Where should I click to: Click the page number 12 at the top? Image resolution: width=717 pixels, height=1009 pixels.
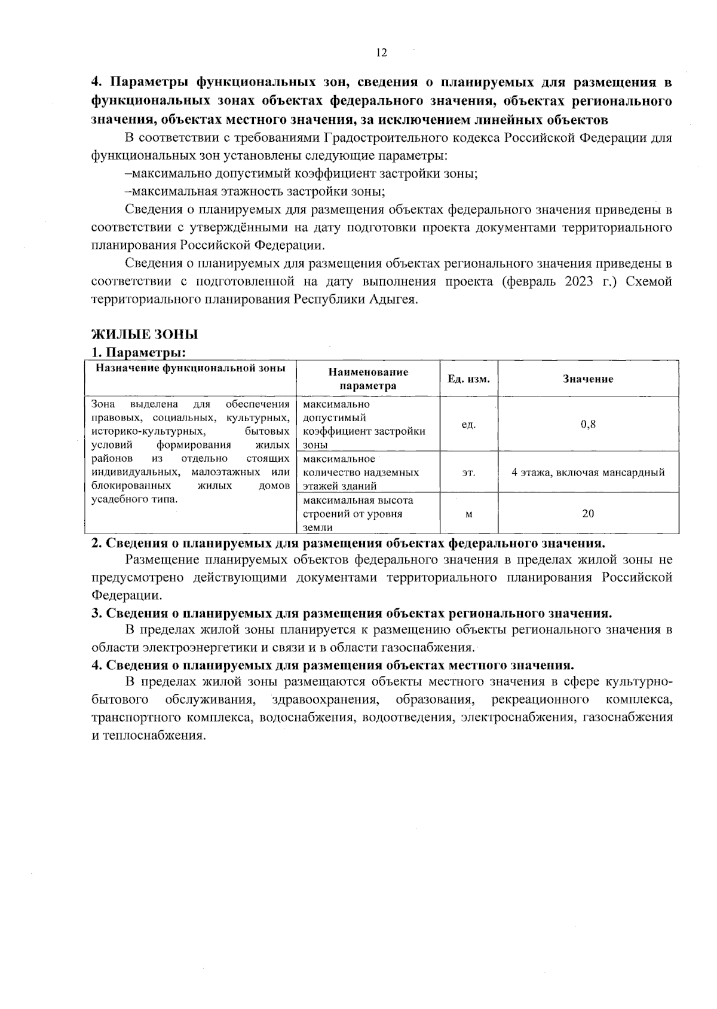[382, 53]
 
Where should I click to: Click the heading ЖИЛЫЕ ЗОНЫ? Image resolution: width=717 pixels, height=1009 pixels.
[144, 334]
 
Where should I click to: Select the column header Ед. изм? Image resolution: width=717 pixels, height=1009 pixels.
[469, 379]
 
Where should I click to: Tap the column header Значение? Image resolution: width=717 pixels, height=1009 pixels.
[588, 379]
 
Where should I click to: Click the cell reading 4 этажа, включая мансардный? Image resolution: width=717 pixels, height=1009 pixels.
[588, 473]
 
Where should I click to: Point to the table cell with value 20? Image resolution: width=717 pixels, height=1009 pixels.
[588, 513]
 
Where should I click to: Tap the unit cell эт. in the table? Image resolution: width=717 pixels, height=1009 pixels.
[469, 473]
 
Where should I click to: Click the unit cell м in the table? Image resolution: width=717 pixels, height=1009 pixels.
[469, 513]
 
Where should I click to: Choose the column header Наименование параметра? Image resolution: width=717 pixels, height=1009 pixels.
[368, 379]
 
